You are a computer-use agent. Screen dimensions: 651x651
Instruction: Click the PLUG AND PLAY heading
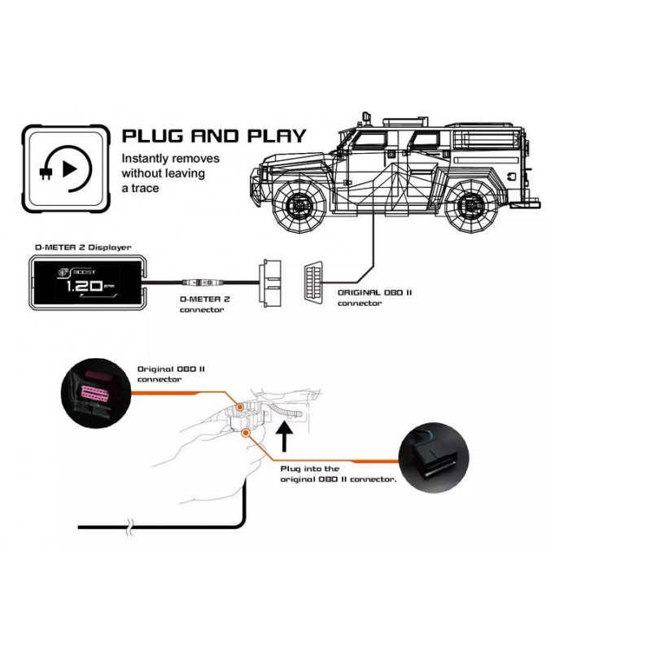(x=212, y=134)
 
